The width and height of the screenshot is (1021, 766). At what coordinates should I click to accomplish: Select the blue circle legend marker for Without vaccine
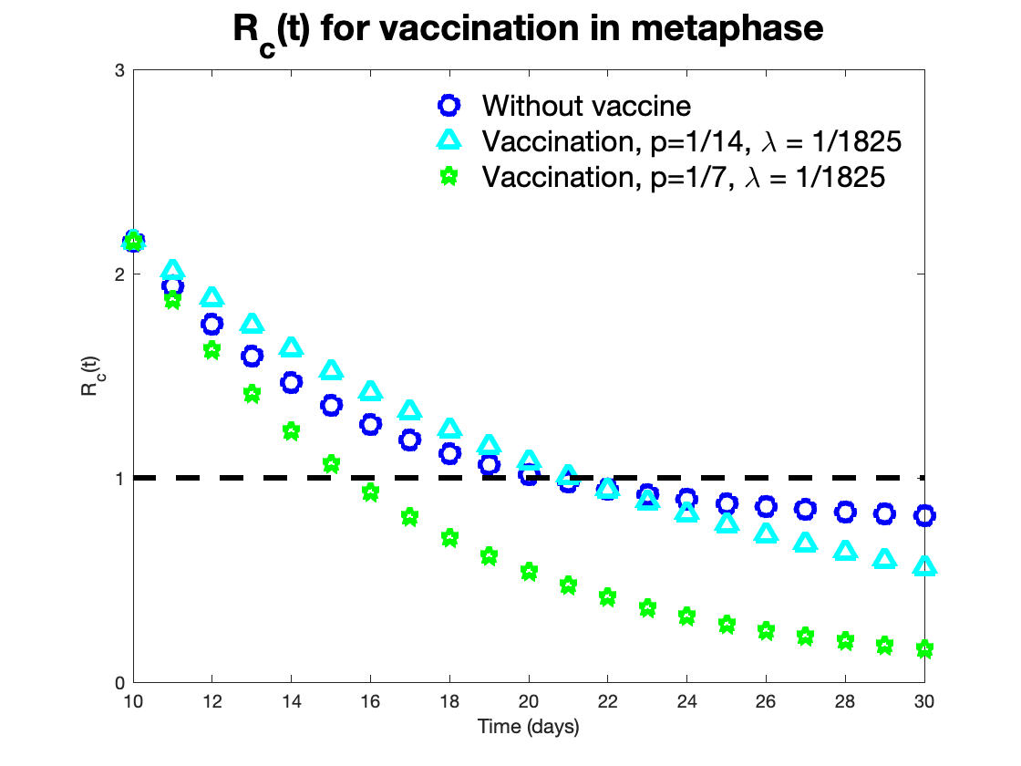click(x=448, y=105)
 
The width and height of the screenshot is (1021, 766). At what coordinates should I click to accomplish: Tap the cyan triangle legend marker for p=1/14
click(x=448, y=140)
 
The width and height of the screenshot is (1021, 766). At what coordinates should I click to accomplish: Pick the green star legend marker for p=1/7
click(x=448, y=175)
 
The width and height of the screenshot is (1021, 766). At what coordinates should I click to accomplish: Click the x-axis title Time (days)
click(x=528, y=728)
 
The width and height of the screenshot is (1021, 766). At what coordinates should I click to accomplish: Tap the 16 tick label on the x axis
click(x=370, y=703)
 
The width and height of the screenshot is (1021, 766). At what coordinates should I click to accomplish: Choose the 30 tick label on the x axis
click(x=924, y=703)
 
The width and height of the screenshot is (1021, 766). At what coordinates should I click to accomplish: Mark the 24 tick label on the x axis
click(x=687, y=703)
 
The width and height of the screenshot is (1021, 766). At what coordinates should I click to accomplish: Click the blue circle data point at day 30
click(x=924, y=516)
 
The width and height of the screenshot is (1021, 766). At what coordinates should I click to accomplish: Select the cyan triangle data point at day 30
click(x=924, y=566)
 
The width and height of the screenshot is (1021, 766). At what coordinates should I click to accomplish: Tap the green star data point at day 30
click(x=924, y=649)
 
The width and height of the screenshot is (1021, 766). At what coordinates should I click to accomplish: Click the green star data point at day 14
click(x=291, y=431)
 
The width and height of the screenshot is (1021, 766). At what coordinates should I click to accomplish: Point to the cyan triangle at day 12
click(x=211, y=297)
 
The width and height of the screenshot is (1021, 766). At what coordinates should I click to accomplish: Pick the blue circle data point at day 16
click(x=370, y=424)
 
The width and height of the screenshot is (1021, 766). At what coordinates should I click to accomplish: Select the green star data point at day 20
click(x=529, y=572)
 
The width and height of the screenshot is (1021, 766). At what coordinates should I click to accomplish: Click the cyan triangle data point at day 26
click(x=767, y=533)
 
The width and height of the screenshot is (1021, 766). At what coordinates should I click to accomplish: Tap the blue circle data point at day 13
click(x=252, y=356)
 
